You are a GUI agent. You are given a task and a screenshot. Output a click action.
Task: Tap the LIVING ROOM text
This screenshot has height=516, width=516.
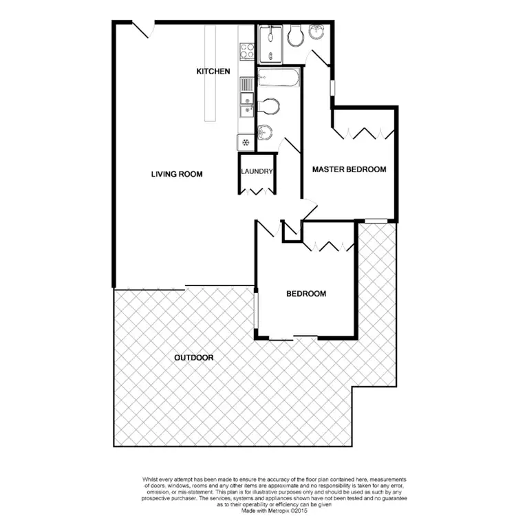177,174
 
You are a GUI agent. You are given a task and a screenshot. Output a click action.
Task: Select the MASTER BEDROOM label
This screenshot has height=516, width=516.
349,169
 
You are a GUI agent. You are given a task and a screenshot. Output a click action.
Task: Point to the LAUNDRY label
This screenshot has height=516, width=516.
257,172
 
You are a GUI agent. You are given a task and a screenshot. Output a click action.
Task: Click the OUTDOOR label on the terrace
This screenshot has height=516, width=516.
193,358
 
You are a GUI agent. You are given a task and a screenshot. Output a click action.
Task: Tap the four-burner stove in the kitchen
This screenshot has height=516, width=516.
246,50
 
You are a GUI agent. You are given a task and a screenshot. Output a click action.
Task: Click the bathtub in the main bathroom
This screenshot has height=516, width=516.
279,78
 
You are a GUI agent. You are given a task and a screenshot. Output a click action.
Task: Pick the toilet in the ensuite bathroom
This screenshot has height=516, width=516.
296,36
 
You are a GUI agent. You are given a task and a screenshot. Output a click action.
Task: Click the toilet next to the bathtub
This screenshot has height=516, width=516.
270,106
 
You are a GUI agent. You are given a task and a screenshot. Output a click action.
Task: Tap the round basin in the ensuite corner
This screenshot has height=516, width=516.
318,32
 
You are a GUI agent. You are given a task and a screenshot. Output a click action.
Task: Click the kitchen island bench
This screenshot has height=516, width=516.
210,73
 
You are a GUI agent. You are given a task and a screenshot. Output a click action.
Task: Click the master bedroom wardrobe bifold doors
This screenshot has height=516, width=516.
363,133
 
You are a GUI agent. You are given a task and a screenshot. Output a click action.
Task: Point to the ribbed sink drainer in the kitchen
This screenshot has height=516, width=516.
246,85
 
